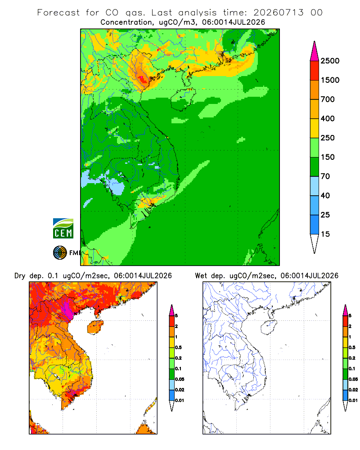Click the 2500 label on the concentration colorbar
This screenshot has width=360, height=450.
pyautogui.click(x=330, y=61)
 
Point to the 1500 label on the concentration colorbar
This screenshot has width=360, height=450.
pyautogui.click(x=330, y=80)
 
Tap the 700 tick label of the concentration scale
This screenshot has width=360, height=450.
pyautogui.click(x=328, y=99)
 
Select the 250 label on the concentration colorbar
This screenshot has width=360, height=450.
pyautogui.click(x=328, y=138)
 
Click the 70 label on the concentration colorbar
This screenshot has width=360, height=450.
pyautogui.click(x=325, y=176)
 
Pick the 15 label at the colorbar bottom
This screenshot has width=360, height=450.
pyautogui.click(x=325, y=234)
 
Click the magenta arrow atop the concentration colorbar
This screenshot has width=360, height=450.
pyautogui.click(x=315, y=51)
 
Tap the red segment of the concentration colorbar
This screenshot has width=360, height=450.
pyautogui.click(x=315, y=71)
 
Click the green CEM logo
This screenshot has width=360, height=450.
pyautogui.click(x=63, y=229)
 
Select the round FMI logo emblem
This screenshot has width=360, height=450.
pyautogui.click(x=60, y=253)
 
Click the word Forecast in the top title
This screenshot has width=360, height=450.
pyautogui.click(x=58, y=13)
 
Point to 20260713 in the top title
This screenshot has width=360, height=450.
pyautogui.click(x=279, y=13)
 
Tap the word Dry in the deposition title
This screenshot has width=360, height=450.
pyautogui.click(x=20, y=276)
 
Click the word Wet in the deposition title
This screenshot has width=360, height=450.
pyautogui.click(x=201, y=276)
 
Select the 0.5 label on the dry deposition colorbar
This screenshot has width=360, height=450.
pyautogui.click(x=178, y=347)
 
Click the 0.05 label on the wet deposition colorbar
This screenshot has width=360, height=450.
pyautogui.click(x=353, y=379)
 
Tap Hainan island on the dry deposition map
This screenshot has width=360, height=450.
pyautogui.click(x=95, y=328)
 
